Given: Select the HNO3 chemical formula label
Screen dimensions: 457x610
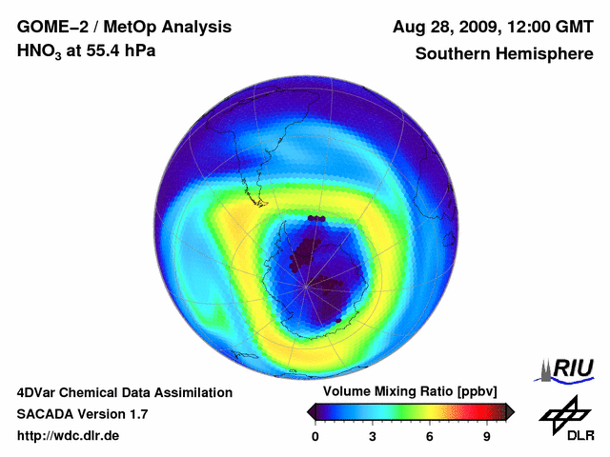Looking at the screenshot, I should coord(38,51).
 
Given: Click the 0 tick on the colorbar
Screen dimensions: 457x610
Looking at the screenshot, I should coord(315,436).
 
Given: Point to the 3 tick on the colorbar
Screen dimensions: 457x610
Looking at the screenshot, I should coord(373,436).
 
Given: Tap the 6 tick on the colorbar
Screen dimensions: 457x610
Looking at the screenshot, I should coord(430,436).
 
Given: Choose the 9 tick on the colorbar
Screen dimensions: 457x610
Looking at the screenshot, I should coord(486,436).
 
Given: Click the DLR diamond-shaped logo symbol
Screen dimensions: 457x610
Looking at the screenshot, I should coord(561,411).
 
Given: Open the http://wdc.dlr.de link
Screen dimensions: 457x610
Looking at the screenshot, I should coord(69,436).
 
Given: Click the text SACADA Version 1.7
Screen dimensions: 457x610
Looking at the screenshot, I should coord(82,414).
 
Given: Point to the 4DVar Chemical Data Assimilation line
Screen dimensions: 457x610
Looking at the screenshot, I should coord(124,392).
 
